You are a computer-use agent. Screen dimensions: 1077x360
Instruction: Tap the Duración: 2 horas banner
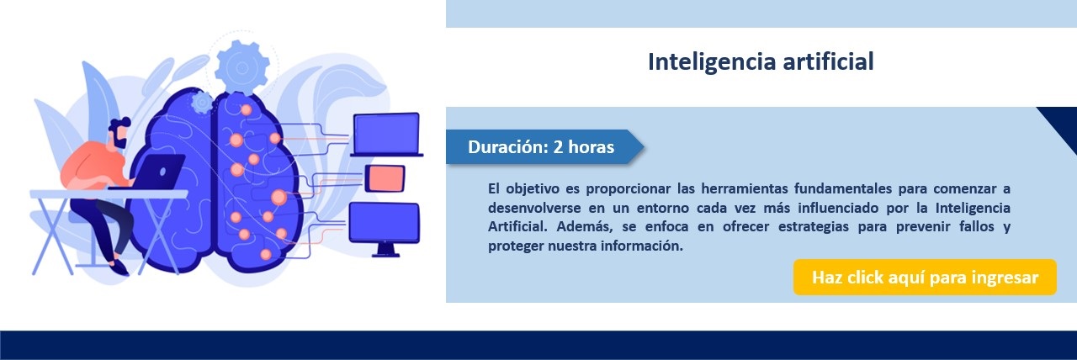click(x=544, y=146)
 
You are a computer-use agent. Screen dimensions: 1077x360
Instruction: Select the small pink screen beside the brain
click(x=385, y=177)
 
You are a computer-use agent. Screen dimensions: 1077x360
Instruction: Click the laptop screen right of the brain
click(x=386, y=134)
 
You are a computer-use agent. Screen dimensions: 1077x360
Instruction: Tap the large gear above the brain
click(x=241, y=66)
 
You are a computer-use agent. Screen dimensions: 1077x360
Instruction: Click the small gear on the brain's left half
click(x=202, y=103)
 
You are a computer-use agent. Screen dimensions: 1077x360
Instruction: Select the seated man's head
click(x=119, y=133)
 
